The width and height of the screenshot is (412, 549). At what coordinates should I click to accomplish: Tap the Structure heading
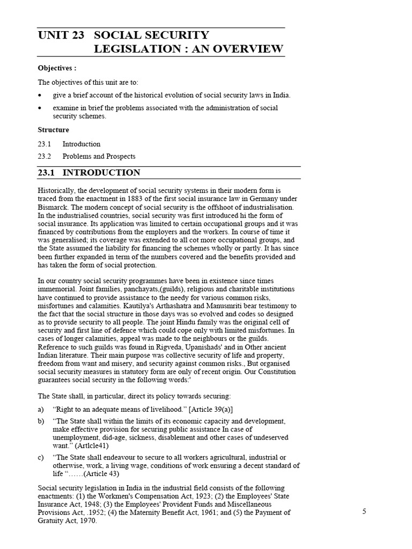point(53,130)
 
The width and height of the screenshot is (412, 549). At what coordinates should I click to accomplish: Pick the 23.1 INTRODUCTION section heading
point(89,173)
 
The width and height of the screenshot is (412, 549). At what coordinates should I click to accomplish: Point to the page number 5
point(364,511)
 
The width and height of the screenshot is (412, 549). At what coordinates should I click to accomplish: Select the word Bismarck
point(55,207)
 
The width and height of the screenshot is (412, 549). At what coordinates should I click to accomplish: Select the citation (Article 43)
point(95,474)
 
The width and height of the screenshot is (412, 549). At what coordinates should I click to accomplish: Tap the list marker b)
point(41,421)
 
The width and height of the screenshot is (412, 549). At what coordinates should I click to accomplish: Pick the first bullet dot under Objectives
point(40,95)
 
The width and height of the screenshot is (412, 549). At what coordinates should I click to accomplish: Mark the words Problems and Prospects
point(99,157)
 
